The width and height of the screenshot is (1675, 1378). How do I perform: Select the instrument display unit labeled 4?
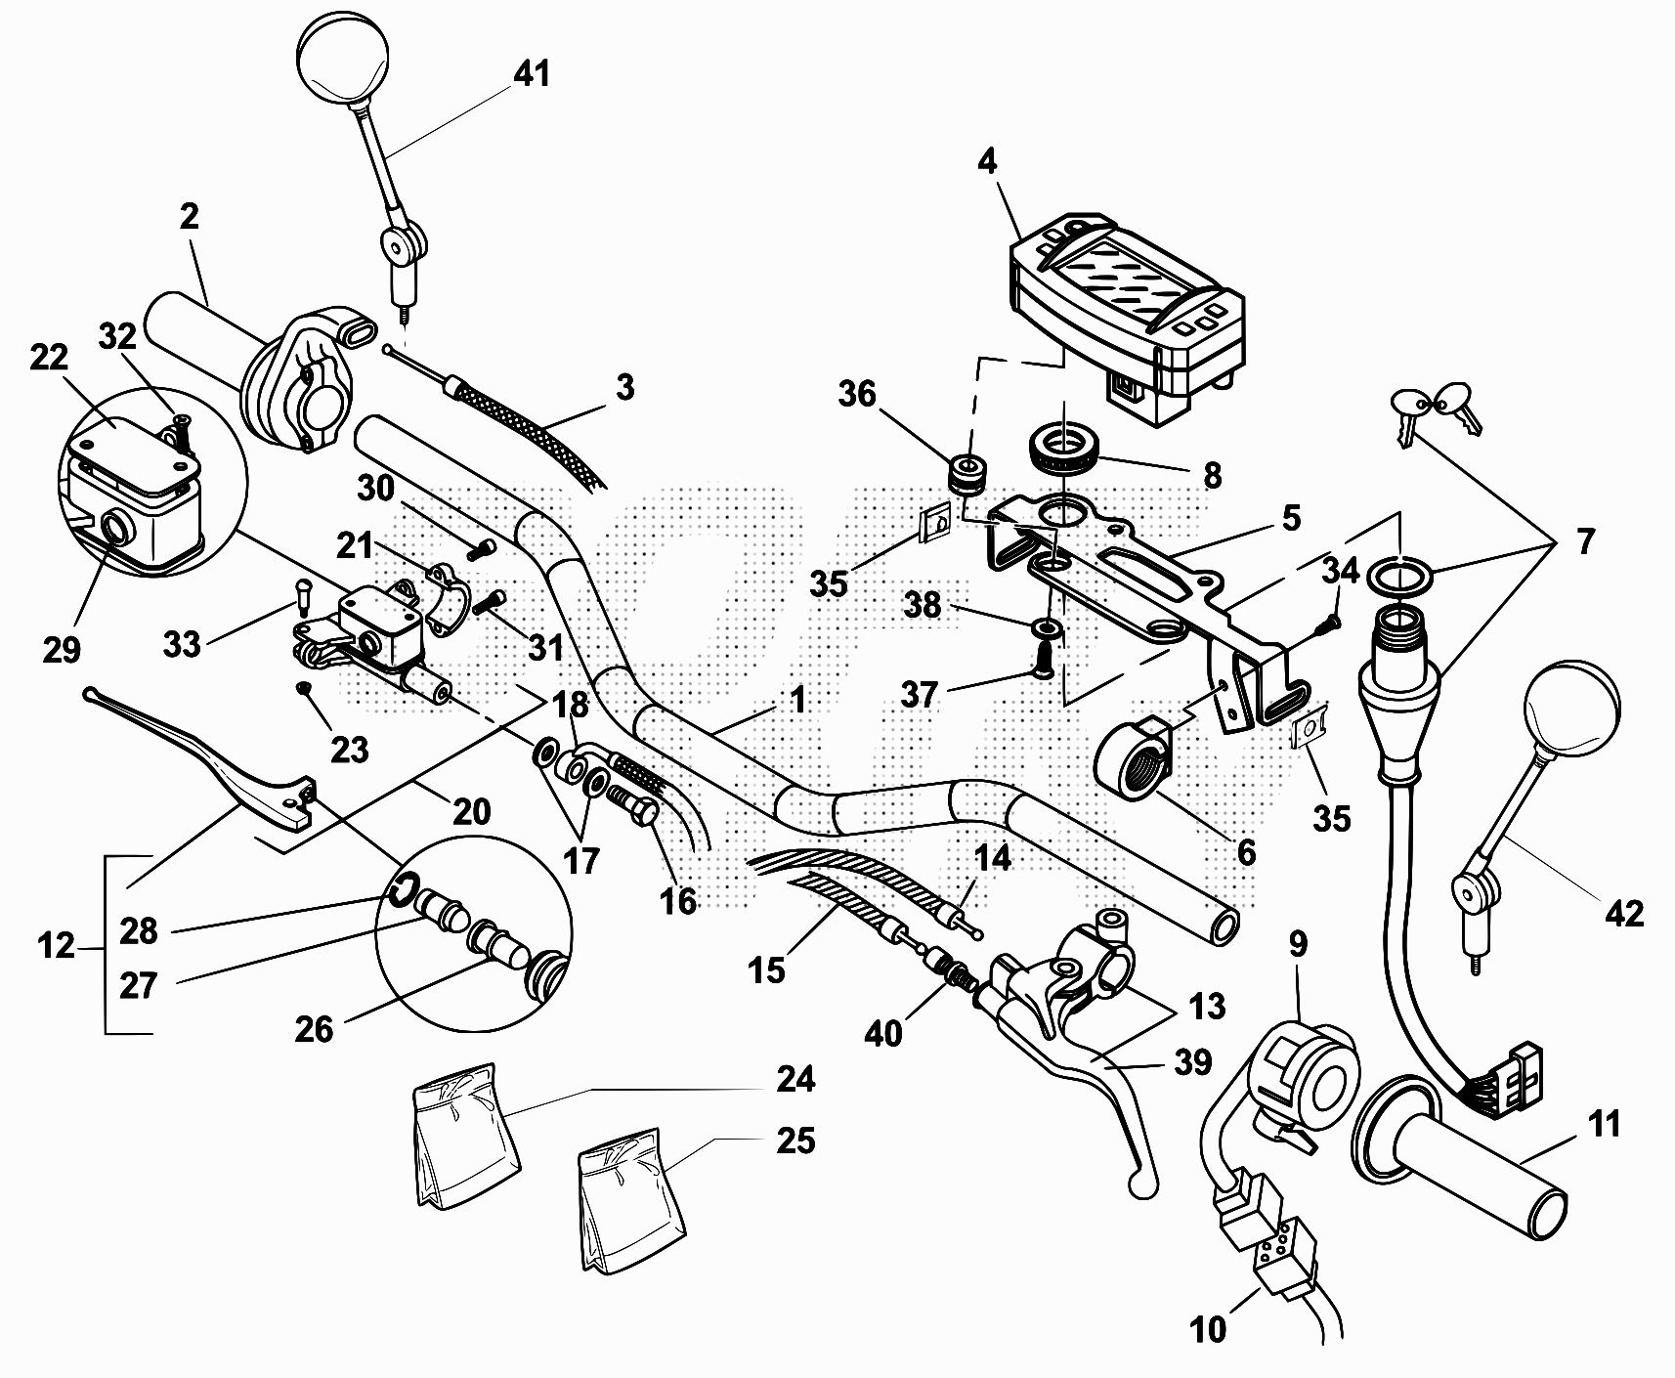pyautogui.click(x=1124, y=313)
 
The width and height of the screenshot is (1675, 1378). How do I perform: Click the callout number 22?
pyautogui.click(x=49, y=359)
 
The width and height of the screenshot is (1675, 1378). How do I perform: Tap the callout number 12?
pyautogui.click(x=56, y=946)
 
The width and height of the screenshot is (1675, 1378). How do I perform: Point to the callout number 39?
pyautogui.click(x=1192, y=1062)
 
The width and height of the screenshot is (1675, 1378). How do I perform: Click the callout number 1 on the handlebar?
pyautogui.click(x=797, y=700)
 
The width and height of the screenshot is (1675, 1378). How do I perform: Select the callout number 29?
pyautogui.click(x=61, y=649)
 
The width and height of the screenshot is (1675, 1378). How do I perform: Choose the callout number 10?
pyautogui.click(x=1208, y=1329)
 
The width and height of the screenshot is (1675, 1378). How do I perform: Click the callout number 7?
pyautogui.click(x=1584, y=539)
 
